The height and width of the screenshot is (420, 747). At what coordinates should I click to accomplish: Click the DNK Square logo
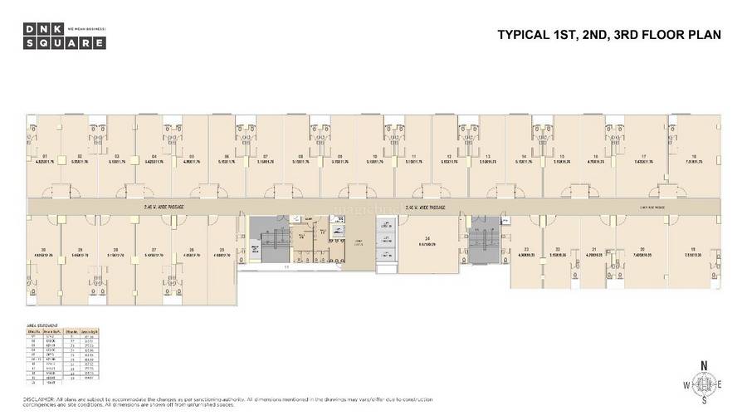(x=51, y=36)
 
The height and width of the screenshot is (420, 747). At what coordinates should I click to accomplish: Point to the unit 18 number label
(x=693, y=156)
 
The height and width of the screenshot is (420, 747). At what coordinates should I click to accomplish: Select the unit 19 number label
(x=693, y=249)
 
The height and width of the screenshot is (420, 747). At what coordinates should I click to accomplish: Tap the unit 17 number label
(x=644, y=156)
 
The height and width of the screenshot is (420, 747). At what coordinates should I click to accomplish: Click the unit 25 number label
(x=222, y=249)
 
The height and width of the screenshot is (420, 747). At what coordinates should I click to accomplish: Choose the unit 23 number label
(x=527, y=249)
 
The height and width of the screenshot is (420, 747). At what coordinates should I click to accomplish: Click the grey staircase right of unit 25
(x=267, y=240)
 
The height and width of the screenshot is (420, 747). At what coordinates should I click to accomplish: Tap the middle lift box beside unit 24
(x=386, y=239)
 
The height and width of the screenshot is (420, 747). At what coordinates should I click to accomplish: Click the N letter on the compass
(x=703, y=365)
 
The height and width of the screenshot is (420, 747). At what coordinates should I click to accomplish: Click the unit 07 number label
(x=265, y=156)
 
